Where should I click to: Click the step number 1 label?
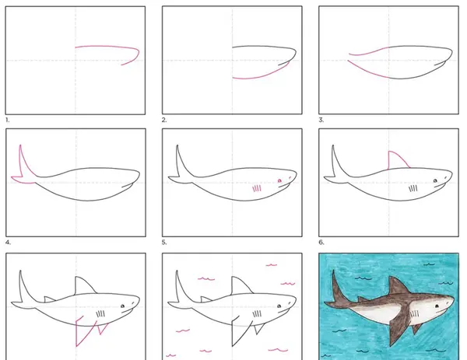(8, 121)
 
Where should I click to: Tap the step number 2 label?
(164, 120)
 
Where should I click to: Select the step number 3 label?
(321, 120)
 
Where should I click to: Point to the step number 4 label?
(8, 243)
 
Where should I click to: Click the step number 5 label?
(164, 243)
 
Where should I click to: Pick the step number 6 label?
(321, 242)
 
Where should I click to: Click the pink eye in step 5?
(279, 180)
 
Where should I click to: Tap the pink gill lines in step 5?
(257, 188)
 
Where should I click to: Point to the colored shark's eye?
(437, 306)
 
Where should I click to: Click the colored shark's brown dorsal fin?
(398, 285)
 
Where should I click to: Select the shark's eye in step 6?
(435, 180)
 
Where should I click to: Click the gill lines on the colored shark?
(414, 314)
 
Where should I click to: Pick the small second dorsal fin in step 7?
(49, 299)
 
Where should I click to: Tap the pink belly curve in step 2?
(260, 74)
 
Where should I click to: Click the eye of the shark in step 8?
(279, 306)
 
